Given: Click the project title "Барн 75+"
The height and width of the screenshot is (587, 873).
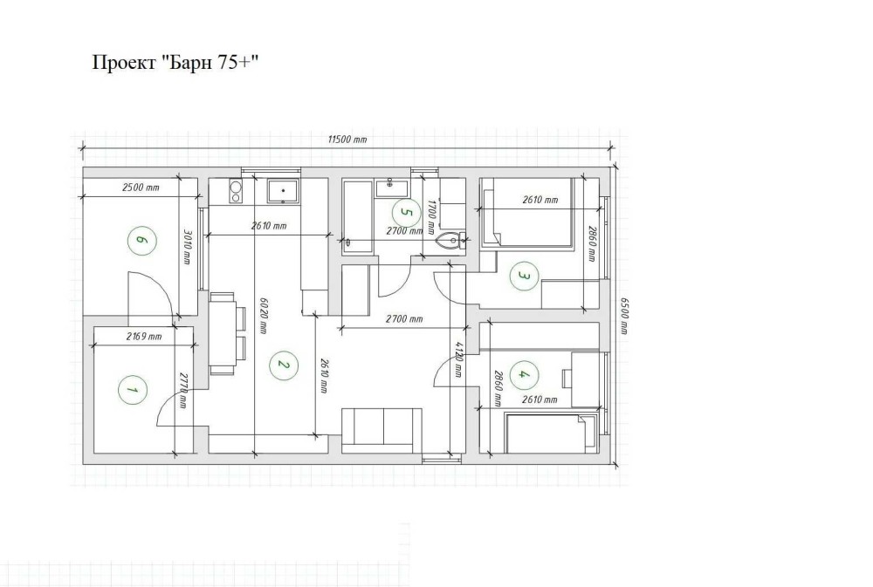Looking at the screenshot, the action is pyautogui.click(x=175, y=62).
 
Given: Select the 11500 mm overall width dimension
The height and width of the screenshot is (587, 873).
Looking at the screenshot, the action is pyautogui.click(x=347, y=139).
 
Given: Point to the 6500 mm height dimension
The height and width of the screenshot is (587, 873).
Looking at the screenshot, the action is pyautogui.click(x=624, y=316).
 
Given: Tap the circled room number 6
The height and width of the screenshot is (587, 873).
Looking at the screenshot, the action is pyautogui.click(x=141, y=241).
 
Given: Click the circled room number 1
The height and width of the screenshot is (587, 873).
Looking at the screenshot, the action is pyautogui.click(x=133, y=390).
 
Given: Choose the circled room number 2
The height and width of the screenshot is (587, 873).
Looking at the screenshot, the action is pyautogui.click(x=284, y=365).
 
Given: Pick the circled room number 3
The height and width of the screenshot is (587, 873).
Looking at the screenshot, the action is pyautogui.click(x=524, y=276).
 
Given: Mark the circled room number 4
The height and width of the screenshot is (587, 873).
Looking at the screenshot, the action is pyautogui.click(x=522, y=374).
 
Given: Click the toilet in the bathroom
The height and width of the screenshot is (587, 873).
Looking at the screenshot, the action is pyautogui.click(x=451, y=241).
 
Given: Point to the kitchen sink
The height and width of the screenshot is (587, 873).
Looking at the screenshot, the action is pyautogui.click(x=284, y=191).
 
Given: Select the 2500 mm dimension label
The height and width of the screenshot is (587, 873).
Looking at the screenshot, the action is pyautogui.click(x=141, y=188).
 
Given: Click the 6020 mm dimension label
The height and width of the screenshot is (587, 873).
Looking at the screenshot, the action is pyautogui.click(x=264, y=316).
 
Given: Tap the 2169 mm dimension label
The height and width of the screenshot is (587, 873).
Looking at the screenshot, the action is pyautogui.click(x=144, y=336).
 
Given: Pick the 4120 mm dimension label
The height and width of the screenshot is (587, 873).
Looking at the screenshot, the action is pyautogui.click(x=458, y=360).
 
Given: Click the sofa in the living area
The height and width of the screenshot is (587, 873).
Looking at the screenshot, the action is pyautogui.click(x=382, y=429).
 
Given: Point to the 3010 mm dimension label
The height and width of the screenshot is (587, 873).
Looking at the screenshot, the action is pyautogui.click(x=187, y=247).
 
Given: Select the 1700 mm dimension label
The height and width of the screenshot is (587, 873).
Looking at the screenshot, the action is pyautogui.click(x=430, y=217).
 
